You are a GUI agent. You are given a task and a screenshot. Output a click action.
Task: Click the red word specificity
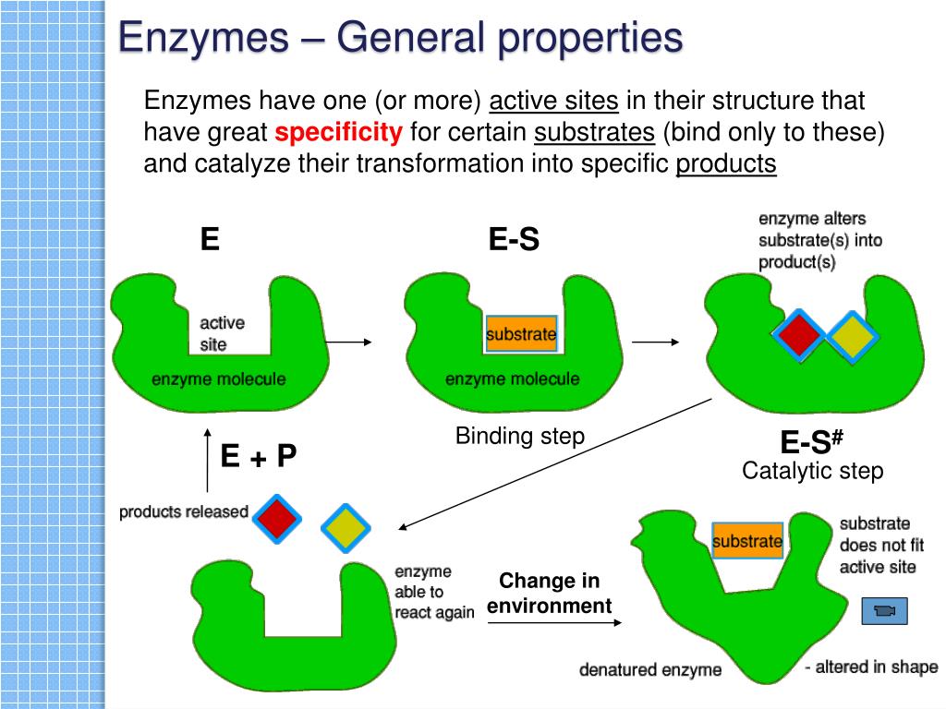(x=339, y=133)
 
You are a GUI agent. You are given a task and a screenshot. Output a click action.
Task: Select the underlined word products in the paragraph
(x=726, y=164)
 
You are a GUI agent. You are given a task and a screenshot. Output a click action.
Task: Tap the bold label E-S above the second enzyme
(x=514, y=240)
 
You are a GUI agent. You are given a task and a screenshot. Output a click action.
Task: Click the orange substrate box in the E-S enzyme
(x=521, y=333)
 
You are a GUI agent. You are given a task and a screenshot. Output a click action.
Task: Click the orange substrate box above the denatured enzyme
(x=747, y=541)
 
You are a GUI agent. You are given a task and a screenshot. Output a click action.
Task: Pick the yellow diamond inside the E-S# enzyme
(x=850, y=338)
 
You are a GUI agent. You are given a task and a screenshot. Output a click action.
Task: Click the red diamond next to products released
(x=277, y=518)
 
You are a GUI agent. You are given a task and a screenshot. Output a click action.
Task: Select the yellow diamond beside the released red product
(x=346, y=528)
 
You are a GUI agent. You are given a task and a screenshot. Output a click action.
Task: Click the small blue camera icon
(x=884, y=611)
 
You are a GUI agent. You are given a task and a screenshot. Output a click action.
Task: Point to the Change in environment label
(x=550, y=594)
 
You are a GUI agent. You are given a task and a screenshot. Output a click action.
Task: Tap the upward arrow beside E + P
(x=207, y=460)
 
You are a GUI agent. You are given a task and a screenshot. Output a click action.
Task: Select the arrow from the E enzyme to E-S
(x=348, y=342)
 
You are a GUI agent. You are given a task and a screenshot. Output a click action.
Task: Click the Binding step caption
(x=520, y=436)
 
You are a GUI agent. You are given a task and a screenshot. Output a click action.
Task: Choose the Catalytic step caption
(x=812, y=471)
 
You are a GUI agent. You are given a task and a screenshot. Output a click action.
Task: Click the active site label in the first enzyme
(x=222, y=333)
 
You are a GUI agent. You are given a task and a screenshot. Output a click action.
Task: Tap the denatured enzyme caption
(x=649, y=669)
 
